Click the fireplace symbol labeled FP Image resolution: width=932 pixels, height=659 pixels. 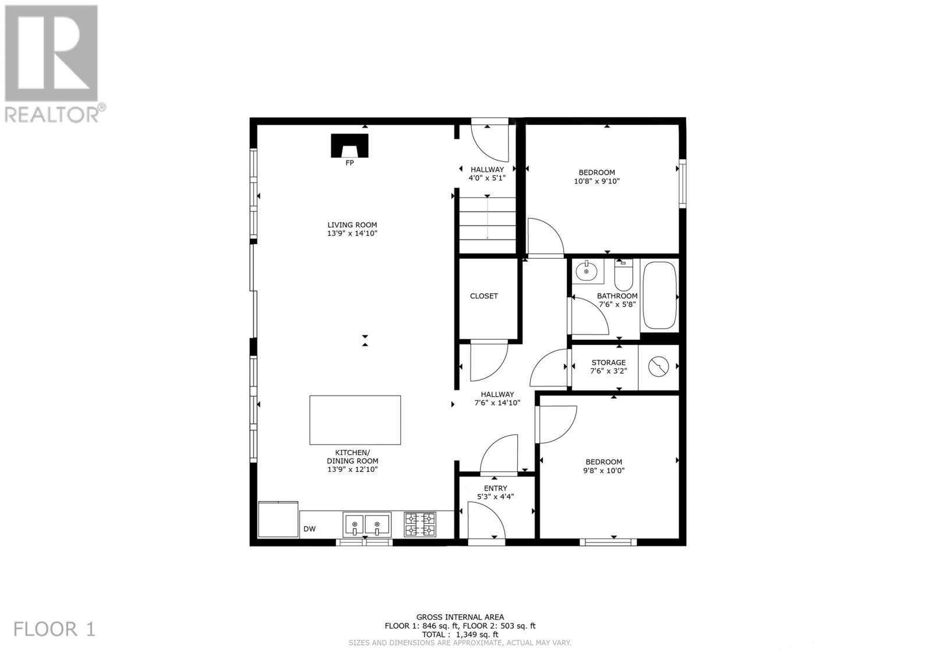tap(349, 146)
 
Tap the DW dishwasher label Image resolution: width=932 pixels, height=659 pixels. tap(309, 529)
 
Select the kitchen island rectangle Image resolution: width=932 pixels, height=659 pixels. tap(355, 420)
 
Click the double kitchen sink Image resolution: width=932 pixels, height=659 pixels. tap(366, 524)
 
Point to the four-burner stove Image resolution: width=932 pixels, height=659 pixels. tap(420, 524)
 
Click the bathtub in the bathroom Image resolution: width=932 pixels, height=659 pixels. tap(659, 296)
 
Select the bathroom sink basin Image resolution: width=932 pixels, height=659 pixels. tap(585, 272)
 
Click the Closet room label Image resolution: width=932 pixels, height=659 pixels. tap(484, 296)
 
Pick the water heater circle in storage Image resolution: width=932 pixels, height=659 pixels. tap(658, 366)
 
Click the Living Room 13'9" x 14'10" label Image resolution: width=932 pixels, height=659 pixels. tap(352, 229)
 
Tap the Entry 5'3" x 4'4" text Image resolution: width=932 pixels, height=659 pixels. tap(495, 492)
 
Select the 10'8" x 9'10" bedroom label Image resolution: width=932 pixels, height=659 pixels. tap(596, 177)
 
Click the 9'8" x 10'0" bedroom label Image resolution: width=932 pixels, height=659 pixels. tap(603, 466)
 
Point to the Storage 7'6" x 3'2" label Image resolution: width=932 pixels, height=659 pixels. tap(608, 366)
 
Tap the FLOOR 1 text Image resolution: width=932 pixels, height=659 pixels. tap(54, 629)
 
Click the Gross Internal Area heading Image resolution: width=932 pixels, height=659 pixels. tap(460, 617)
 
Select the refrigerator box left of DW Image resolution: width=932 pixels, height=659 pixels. tap(278, 519)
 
